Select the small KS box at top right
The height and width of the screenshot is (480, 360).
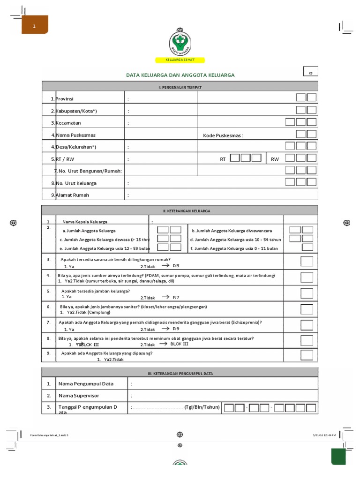pos(310,73)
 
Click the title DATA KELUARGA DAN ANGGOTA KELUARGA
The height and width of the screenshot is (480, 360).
pos(180,75)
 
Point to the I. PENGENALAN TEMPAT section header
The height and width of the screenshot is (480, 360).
pos(180,87)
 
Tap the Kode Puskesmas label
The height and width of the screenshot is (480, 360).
pos(223,135)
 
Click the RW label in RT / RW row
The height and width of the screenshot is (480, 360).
pos(275,159)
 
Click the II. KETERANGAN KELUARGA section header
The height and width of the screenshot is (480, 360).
pos(180,211)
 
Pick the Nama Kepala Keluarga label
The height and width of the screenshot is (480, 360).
pos(85,222)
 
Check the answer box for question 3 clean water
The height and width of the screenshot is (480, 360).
pos(307,261)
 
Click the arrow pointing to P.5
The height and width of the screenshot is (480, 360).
pos(165,265)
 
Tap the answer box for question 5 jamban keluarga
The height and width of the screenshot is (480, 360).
pos(307,293)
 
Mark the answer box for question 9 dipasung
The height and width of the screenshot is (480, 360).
pos(307,355)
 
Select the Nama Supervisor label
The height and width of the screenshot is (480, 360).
pos(79,396)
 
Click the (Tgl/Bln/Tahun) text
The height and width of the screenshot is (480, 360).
pos(202,407)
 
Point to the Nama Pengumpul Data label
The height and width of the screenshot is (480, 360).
pos(86,384)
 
